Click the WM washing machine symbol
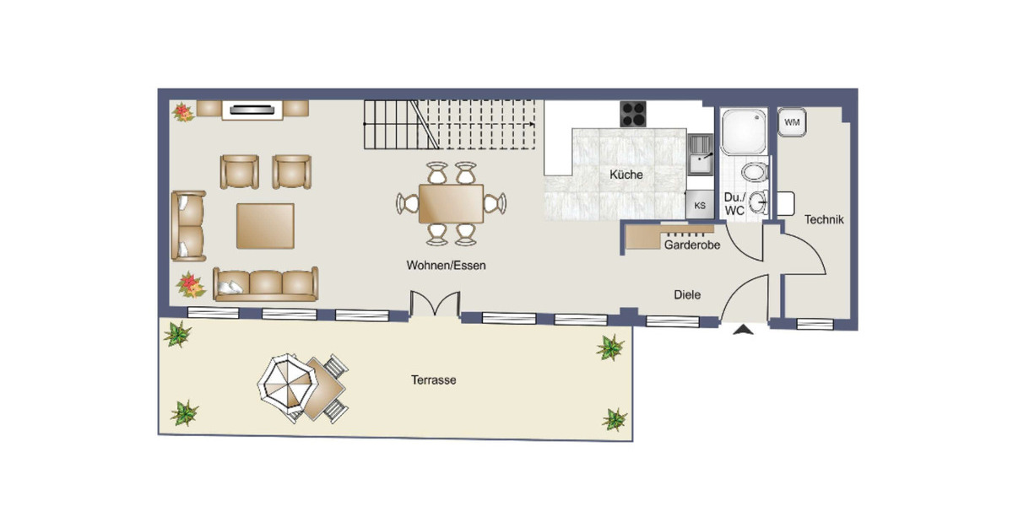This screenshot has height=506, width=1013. click(791, 122)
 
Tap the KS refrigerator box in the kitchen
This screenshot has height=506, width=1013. click(699, 204)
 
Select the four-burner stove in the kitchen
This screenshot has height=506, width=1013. click(633, 114)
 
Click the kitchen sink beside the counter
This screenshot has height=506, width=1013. click(700, 154)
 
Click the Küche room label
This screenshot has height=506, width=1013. click(626, 175)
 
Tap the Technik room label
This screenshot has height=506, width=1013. click(823, 219)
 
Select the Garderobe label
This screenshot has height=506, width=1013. click(691, 245)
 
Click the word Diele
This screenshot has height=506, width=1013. click(686, 294)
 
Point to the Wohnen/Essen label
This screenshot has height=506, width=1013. click(446, 265)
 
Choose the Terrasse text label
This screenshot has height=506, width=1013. click(433, 380)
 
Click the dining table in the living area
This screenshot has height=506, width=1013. click(450, 203)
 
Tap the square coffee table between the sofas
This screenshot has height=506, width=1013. click(265, 225)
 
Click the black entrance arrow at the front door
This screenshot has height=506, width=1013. click(742, 331)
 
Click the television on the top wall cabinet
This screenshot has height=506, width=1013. click(252, 109)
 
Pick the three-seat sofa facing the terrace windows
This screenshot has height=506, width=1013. click(265, 284)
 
